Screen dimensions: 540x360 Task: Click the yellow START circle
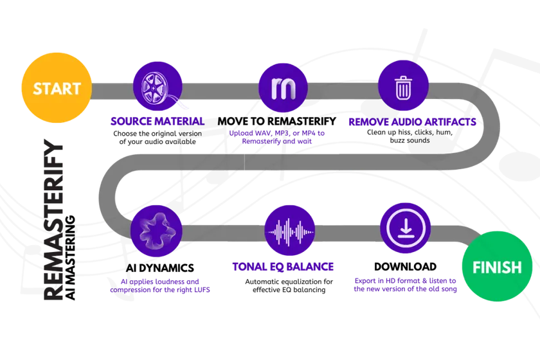point(57,87)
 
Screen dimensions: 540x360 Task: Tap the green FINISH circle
point(497,266)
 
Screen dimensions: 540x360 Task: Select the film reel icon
point(157,87)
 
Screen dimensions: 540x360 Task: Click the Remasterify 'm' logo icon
point(283,88)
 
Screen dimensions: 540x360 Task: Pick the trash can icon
point(403,85)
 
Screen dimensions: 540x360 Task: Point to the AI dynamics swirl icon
point(157,231)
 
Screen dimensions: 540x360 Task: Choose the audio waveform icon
point(290,231)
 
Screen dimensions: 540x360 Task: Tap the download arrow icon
point(406,228)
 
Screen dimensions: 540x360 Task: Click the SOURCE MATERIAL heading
point(157,122)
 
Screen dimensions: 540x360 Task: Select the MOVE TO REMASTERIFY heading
point(277,122)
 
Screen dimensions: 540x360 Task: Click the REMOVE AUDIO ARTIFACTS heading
point(412,122)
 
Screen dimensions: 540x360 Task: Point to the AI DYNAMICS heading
point(160,268)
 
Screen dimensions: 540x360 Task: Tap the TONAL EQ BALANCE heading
point(283,267)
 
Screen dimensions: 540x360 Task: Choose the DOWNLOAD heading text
point(405,267)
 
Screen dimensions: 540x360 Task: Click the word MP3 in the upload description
point(282,133)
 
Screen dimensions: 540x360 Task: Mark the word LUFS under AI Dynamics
point(202,290)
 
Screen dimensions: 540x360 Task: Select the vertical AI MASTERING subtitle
point(70,257)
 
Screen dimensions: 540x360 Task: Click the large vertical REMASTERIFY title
point(53,219)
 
